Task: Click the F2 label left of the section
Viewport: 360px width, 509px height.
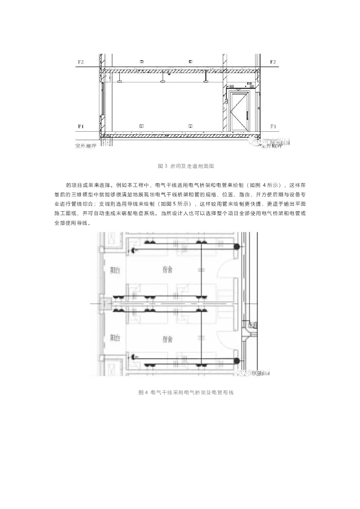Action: (x=81, y=62)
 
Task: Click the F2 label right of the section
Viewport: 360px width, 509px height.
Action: (x=273, y=62)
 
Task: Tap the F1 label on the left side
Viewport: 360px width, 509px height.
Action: (x=81, y=126)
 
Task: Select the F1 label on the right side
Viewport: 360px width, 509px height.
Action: (x=273, y=126)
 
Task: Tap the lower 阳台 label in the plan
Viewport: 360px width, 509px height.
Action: (x=115, y=338)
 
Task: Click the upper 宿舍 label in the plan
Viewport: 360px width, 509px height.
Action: (x=168, y=269)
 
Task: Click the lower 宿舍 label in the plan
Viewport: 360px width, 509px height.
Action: (x=168, y=339)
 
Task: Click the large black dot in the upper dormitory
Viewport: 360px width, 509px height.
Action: (x=238, y=247)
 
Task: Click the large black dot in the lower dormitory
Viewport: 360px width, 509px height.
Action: (x=238, y=359)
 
